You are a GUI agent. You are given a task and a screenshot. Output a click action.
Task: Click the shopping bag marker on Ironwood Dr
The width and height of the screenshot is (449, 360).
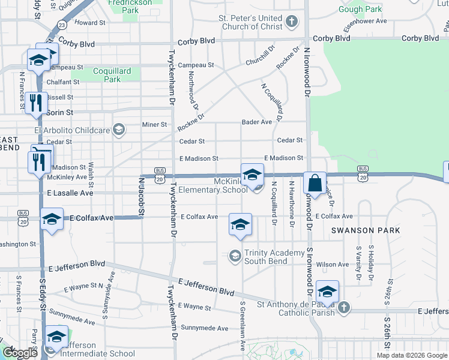[x=315, y=183]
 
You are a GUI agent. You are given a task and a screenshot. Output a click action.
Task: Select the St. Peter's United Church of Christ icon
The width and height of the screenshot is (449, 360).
[x=291, y=22]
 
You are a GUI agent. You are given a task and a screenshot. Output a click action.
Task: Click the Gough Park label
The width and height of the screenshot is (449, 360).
[x=359, y=9]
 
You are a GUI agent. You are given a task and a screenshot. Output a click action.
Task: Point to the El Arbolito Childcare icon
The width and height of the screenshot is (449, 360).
[x=118, y=130]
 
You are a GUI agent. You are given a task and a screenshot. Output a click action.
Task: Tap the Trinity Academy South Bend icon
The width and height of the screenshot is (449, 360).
[x=235, y=257]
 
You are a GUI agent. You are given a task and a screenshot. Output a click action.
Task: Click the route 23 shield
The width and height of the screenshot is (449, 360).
[x=62, y=25]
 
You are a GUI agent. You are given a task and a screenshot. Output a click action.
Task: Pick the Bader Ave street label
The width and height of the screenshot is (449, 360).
[x=257, y=122]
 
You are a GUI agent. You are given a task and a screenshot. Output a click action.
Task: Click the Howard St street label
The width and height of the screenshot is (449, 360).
[x=90, y=22]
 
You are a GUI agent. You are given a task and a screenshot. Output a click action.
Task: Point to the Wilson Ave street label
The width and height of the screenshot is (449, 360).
[x=332, y=264]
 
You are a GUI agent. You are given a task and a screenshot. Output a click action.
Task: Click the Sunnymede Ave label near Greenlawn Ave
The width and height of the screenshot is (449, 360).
[x=205, y=328]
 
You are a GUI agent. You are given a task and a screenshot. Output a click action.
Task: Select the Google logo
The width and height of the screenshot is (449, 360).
[x=19, y=353]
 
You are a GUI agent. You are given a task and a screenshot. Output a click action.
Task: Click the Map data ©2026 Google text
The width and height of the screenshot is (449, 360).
[x=411, y=355]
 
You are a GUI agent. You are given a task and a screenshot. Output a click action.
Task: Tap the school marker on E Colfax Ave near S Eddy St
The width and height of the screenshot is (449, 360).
[x=52, y=219]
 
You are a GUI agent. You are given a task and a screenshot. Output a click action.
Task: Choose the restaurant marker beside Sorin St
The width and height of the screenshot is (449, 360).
[x=35, y=103]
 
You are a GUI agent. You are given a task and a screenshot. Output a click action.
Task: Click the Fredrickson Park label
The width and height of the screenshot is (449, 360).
[x=124, y=6]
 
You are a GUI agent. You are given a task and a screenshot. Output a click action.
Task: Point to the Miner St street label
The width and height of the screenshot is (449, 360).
[x=154, y=125]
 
